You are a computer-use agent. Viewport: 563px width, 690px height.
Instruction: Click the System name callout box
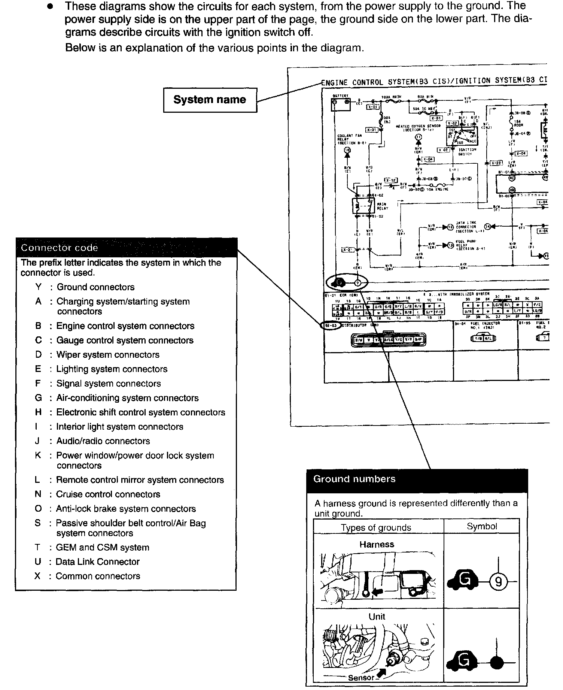tap(210, 100)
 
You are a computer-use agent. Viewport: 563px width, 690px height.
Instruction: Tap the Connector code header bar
tap(127, 248)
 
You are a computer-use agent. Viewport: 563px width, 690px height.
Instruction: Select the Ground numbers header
tap(417, 479)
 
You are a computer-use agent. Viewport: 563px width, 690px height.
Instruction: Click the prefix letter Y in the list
tap(38, 287)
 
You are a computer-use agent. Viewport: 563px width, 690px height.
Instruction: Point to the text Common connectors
tap(98, 576)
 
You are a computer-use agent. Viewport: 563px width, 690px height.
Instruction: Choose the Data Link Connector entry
tap(97, 562)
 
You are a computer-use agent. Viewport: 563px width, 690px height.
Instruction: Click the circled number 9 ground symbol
tap(499, 582)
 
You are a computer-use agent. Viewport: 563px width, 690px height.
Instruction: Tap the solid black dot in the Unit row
tap(497, 662)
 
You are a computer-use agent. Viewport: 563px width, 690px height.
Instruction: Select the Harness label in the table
tap(377, 544)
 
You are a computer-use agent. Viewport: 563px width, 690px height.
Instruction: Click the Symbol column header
tap(482, 526)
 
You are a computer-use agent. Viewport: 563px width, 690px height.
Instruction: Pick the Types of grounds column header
tap(376, 527)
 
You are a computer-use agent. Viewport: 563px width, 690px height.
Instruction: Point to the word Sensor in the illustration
tap(361, 678)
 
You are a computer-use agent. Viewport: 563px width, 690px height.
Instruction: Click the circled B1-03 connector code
tap(331, 326)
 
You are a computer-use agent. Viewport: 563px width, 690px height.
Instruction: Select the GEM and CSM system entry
tap(102, 548)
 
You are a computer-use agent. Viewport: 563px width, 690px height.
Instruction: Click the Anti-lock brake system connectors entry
tap(126, 509)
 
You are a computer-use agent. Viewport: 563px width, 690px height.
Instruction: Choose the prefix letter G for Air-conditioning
tap(38, 398)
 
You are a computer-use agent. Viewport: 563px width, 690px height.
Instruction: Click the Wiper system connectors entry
tap(107, 355)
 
